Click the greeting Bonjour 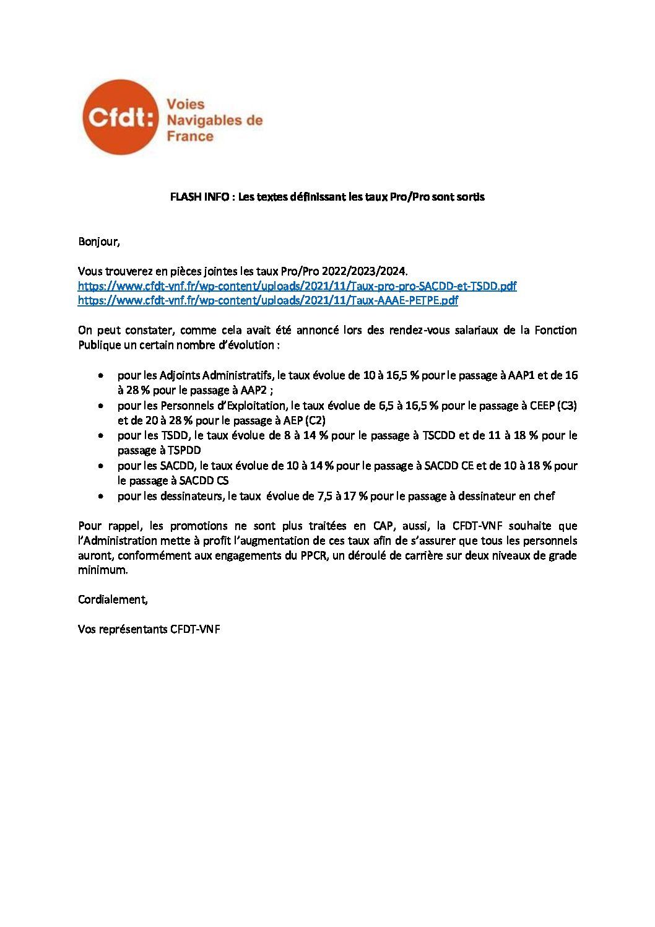click(x=98, y=242)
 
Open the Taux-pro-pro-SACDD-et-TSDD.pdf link click(x=297, y=286)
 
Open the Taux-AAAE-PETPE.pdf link click(x=268, y=301)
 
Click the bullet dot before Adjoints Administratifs click(x=101, y=376)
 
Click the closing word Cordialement click(x=113, y=599)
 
